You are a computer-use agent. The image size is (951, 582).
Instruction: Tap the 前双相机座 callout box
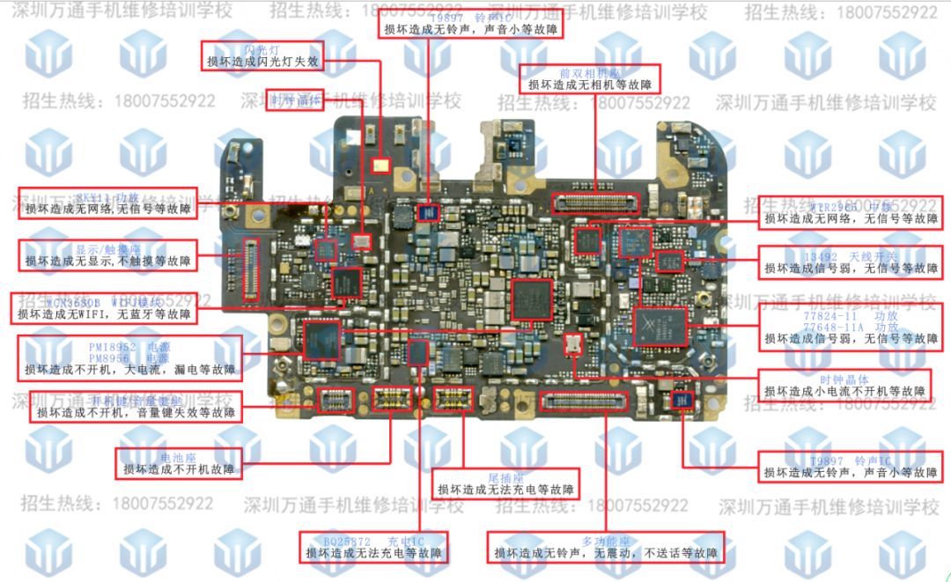pyautogui.click(x=589, y=79)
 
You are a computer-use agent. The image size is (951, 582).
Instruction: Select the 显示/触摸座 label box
pyautogui.click(x=108, y=255)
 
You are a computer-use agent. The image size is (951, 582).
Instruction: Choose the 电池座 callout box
pyautogui.click(x=179, y=463)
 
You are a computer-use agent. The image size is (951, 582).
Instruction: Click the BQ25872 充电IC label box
pyautogui.click(x=373, y=547)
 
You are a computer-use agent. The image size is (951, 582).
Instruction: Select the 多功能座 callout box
pyautogui.click(x=605, y=547)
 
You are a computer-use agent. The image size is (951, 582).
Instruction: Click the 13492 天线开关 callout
pyautogui.click(x=850, y=262)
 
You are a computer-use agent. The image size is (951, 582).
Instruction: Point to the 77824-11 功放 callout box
pyautogui.click(x=850, y=326)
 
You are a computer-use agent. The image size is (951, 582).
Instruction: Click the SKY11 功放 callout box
pyautogui.click(x=107, y=203)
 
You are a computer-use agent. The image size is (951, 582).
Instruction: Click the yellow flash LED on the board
pyautogui.click(x=380, y=164)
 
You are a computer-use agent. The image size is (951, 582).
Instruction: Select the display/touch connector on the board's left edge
pyautogui.click(x=251, y=268)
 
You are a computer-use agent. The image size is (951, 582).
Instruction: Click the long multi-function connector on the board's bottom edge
pyautogui.click(x=583, y=402)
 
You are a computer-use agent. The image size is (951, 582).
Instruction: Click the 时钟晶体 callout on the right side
pyautogui.click(x=844, y=386)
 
